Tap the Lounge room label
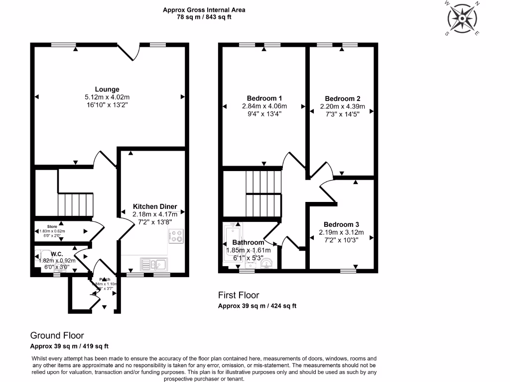click(107, 90)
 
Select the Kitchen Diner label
click(154, 206)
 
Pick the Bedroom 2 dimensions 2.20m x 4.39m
click(342, 106)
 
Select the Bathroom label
click(248, 243)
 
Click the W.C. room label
click(55, 254)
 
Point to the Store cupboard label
click(52, 227)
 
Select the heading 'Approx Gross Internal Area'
click(204, 10)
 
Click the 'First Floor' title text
click(239, 295)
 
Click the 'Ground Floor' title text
click(57, 336)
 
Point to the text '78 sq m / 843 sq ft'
click(204, 17)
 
